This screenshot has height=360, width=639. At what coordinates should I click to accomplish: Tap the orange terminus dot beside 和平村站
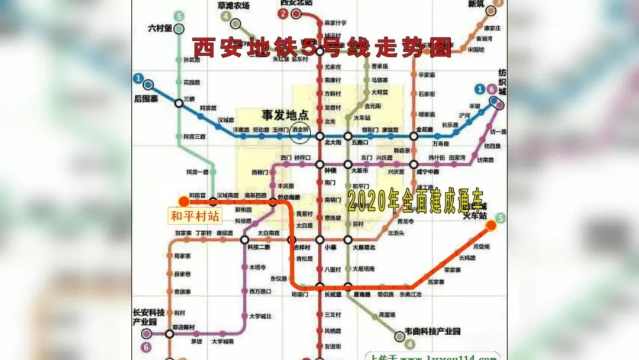tap(184, 202)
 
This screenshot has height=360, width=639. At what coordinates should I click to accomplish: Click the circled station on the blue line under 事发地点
tap(301, 136)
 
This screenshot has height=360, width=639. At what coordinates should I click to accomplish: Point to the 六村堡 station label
tap(160, 28)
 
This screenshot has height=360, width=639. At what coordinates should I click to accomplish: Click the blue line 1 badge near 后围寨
tap(138, 78)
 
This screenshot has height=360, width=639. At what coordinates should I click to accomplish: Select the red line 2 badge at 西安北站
tap(285, 14)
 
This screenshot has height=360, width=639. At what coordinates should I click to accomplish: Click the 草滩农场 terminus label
tap(234, 6)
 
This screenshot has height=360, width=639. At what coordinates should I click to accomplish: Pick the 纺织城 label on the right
tap(502, 82)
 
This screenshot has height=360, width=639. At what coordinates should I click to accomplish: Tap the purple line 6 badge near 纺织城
tap(490, 89)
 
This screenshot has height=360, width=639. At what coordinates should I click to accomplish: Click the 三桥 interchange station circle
tap(179, 103)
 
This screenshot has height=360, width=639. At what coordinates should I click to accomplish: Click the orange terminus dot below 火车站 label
tap(490, 226)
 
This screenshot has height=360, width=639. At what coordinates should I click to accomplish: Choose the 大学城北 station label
tap(260, 316)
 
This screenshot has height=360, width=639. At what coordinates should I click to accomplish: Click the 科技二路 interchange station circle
tap(244, 239)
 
